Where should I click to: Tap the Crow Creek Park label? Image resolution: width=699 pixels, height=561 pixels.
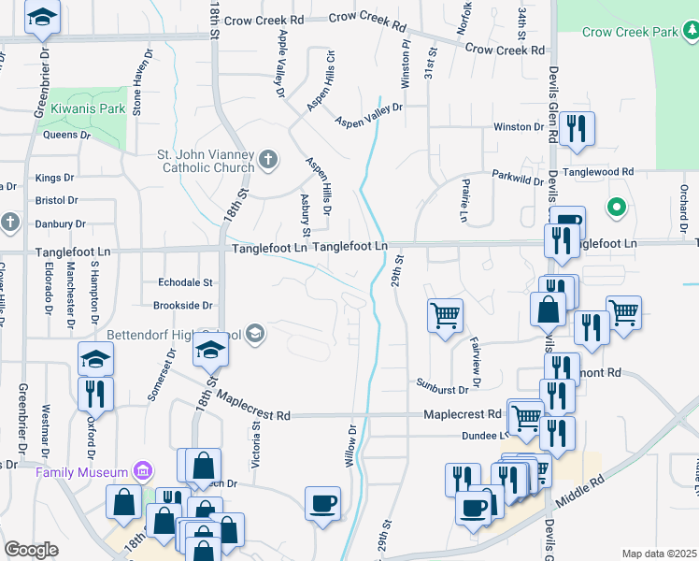point(629,32)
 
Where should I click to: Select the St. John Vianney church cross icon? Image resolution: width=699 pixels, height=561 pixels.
point(268,159)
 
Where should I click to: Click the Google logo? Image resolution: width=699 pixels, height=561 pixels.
point(31,550)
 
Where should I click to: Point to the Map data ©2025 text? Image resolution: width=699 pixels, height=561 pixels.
point(659,554)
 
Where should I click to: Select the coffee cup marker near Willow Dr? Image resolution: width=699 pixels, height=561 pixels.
point(323,504)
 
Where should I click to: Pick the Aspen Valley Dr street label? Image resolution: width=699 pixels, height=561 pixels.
point(368,114)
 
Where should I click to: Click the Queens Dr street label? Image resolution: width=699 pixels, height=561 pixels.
point(66,135)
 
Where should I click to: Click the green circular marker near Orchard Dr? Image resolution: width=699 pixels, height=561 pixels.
point(617,207)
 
